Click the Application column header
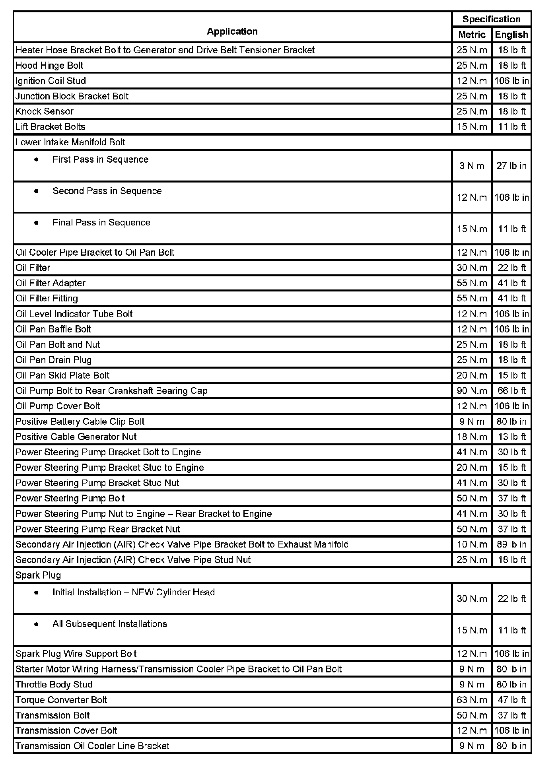232,31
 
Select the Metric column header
472,35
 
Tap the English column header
511,35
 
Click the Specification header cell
491,19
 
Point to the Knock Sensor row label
45,111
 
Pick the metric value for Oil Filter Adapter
472,283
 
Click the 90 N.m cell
472,391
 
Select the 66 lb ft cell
511,391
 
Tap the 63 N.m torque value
472,700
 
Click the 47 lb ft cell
511,700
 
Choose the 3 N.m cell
472,166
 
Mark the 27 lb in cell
511,166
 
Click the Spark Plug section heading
38,575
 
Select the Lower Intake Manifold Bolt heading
70,142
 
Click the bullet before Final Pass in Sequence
37,223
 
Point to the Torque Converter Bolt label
61,700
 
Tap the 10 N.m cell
472,544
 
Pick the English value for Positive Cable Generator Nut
511,437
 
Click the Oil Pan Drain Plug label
54,360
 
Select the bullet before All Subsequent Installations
37,624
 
